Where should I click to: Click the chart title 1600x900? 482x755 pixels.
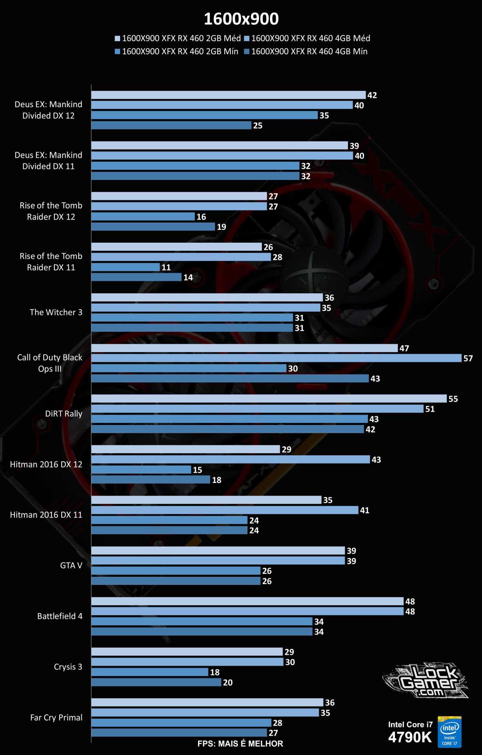241,19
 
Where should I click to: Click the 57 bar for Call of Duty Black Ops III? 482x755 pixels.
276,358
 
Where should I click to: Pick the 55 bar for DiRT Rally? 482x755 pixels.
269,399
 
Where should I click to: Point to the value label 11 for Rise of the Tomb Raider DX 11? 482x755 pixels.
166,267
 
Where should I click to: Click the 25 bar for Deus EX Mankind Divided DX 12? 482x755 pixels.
171,125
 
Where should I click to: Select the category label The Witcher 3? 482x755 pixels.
56,312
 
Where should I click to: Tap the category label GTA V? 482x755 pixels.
71,565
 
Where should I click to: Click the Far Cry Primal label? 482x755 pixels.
56,717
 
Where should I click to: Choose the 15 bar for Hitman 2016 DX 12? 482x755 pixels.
141,469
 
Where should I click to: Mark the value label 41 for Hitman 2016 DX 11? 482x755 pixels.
364,510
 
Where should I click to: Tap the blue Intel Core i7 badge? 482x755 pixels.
449,732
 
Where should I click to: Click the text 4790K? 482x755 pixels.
410,737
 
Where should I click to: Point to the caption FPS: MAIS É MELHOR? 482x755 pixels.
240,744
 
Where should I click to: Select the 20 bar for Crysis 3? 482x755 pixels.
156,682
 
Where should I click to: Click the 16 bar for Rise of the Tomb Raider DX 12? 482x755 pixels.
143,217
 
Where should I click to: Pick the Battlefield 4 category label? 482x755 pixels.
60,616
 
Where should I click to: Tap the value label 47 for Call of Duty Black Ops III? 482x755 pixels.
404,348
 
